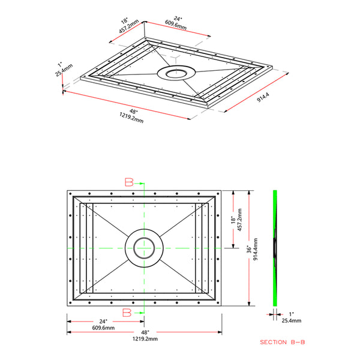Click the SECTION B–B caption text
point(283,342)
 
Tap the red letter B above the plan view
point(129,182)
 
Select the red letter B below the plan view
point(127,312)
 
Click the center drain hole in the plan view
point(143,248)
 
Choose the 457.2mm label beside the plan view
point(239,220)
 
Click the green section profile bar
point(275,248)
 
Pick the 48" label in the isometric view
point(134,112)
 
